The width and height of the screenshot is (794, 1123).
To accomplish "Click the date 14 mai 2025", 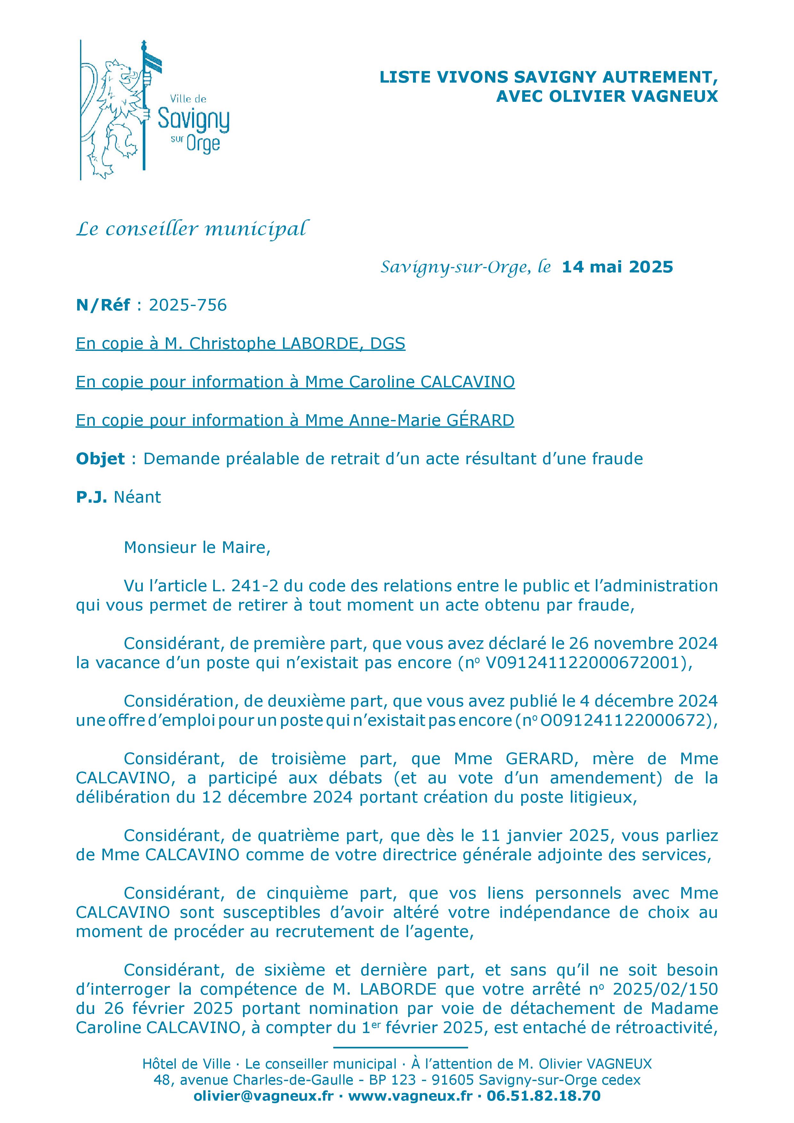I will click(617, 267).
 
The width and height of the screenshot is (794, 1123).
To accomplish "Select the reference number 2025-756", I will click(188, 305).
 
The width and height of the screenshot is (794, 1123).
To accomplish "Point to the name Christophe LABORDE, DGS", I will click(297, 344).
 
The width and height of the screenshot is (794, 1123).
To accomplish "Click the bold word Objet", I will click(100, 459).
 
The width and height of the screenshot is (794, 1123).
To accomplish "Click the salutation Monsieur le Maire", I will click(197, 547).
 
